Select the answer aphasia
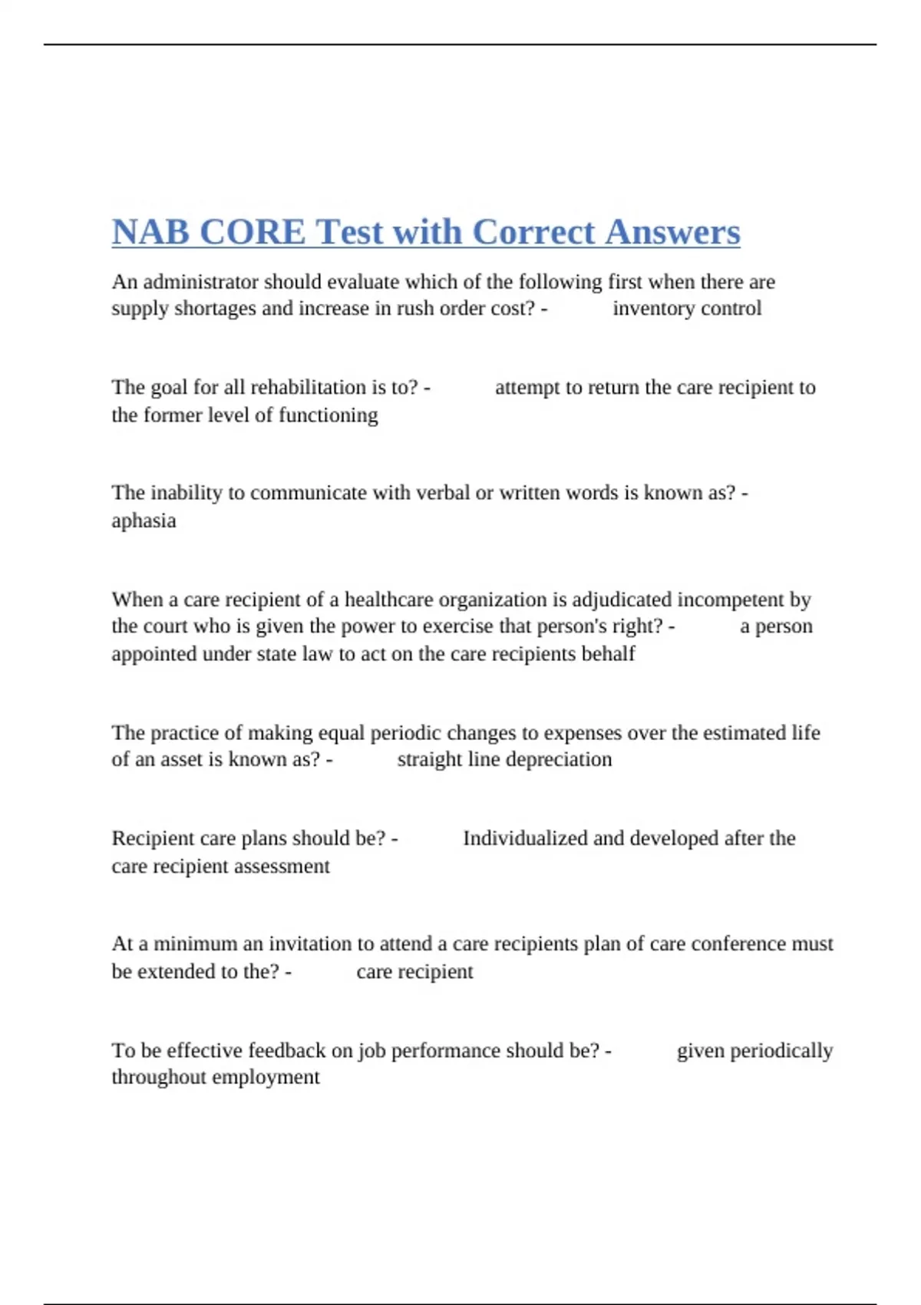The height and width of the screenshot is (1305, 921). coord(144,520)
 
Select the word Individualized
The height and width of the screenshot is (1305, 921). coord(524,838)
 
